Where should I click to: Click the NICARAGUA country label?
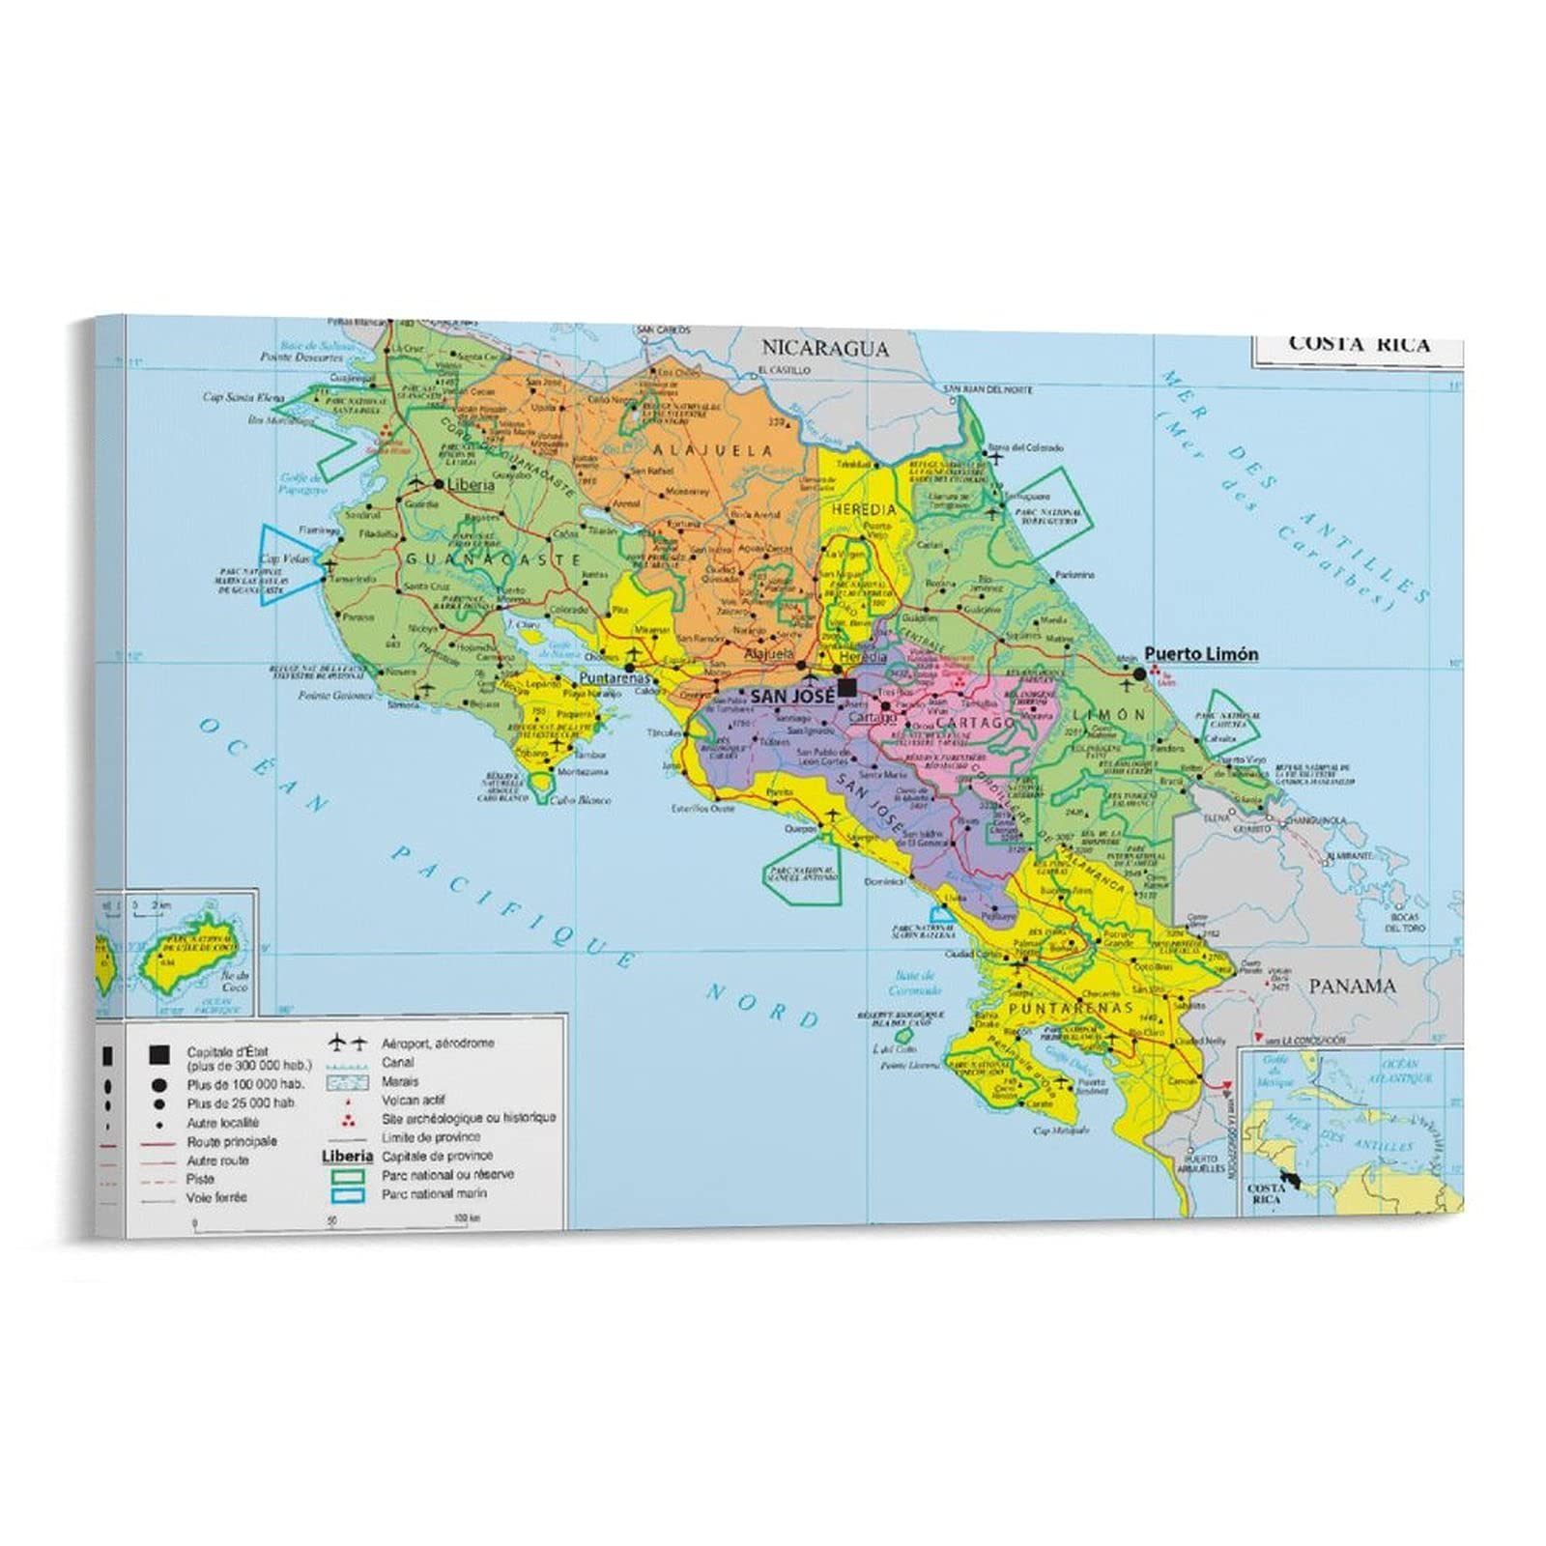coord(823,349)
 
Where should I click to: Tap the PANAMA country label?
coord(1352,987)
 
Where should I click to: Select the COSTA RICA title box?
coord(1358,345)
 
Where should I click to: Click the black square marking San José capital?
coord(847,688)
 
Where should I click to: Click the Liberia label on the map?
coord(472,485)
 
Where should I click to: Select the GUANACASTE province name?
coord(493,559)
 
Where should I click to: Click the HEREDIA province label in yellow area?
coord(863,509)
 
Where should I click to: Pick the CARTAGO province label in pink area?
coord(974,722)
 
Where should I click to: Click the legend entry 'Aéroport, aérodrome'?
coord(437,1044)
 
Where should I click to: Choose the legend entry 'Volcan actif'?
coord(414,1101)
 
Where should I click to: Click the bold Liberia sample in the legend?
coord(347,1156)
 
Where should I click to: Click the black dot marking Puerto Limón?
coord(1139,673)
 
